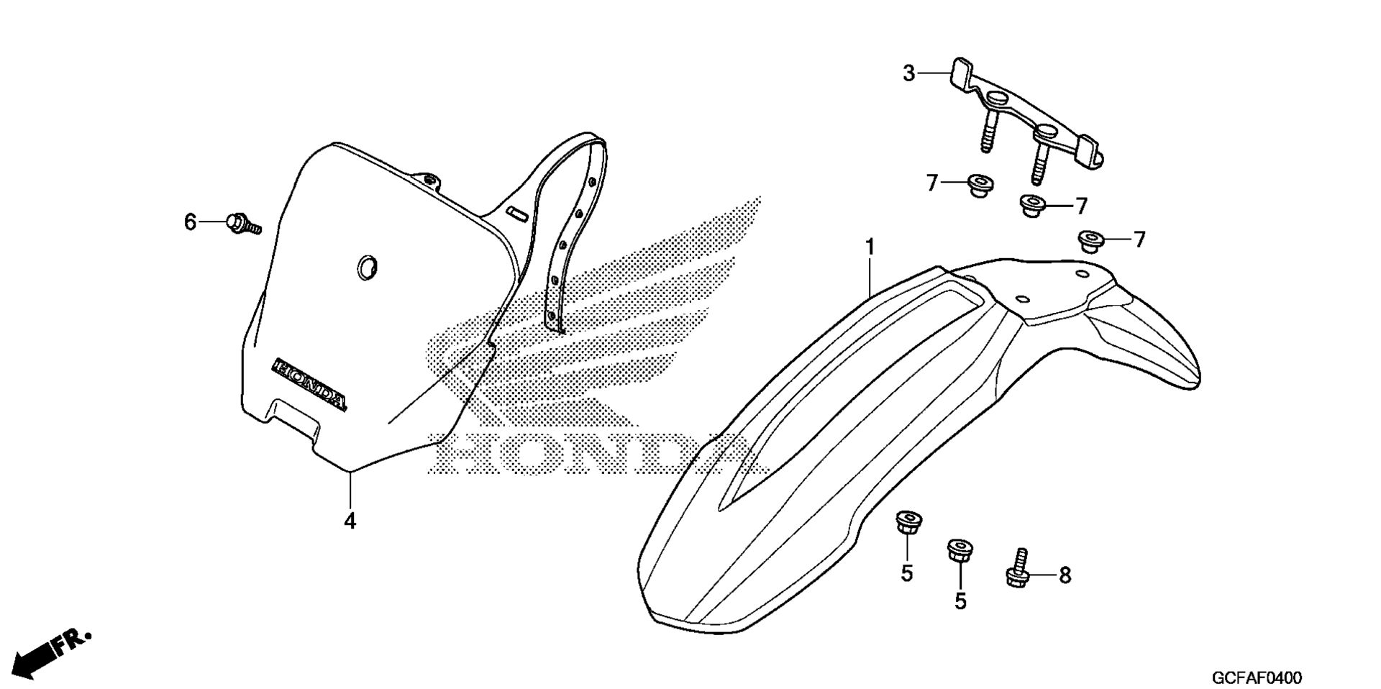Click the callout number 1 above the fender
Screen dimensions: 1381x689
click(x=870, y=247)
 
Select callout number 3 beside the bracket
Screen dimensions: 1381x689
click(x=909, y=73)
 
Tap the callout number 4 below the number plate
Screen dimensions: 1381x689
click(x=350, y=521)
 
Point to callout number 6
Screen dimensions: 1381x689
click(x=190, y=222)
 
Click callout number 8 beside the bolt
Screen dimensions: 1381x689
click(x=1065, y=575)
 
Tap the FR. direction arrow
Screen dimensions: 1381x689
click(x=53, y=652)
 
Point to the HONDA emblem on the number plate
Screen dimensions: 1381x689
click(x=309, y=385)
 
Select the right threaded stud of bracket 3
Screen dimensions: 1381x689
click(x=1037, y=163)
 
